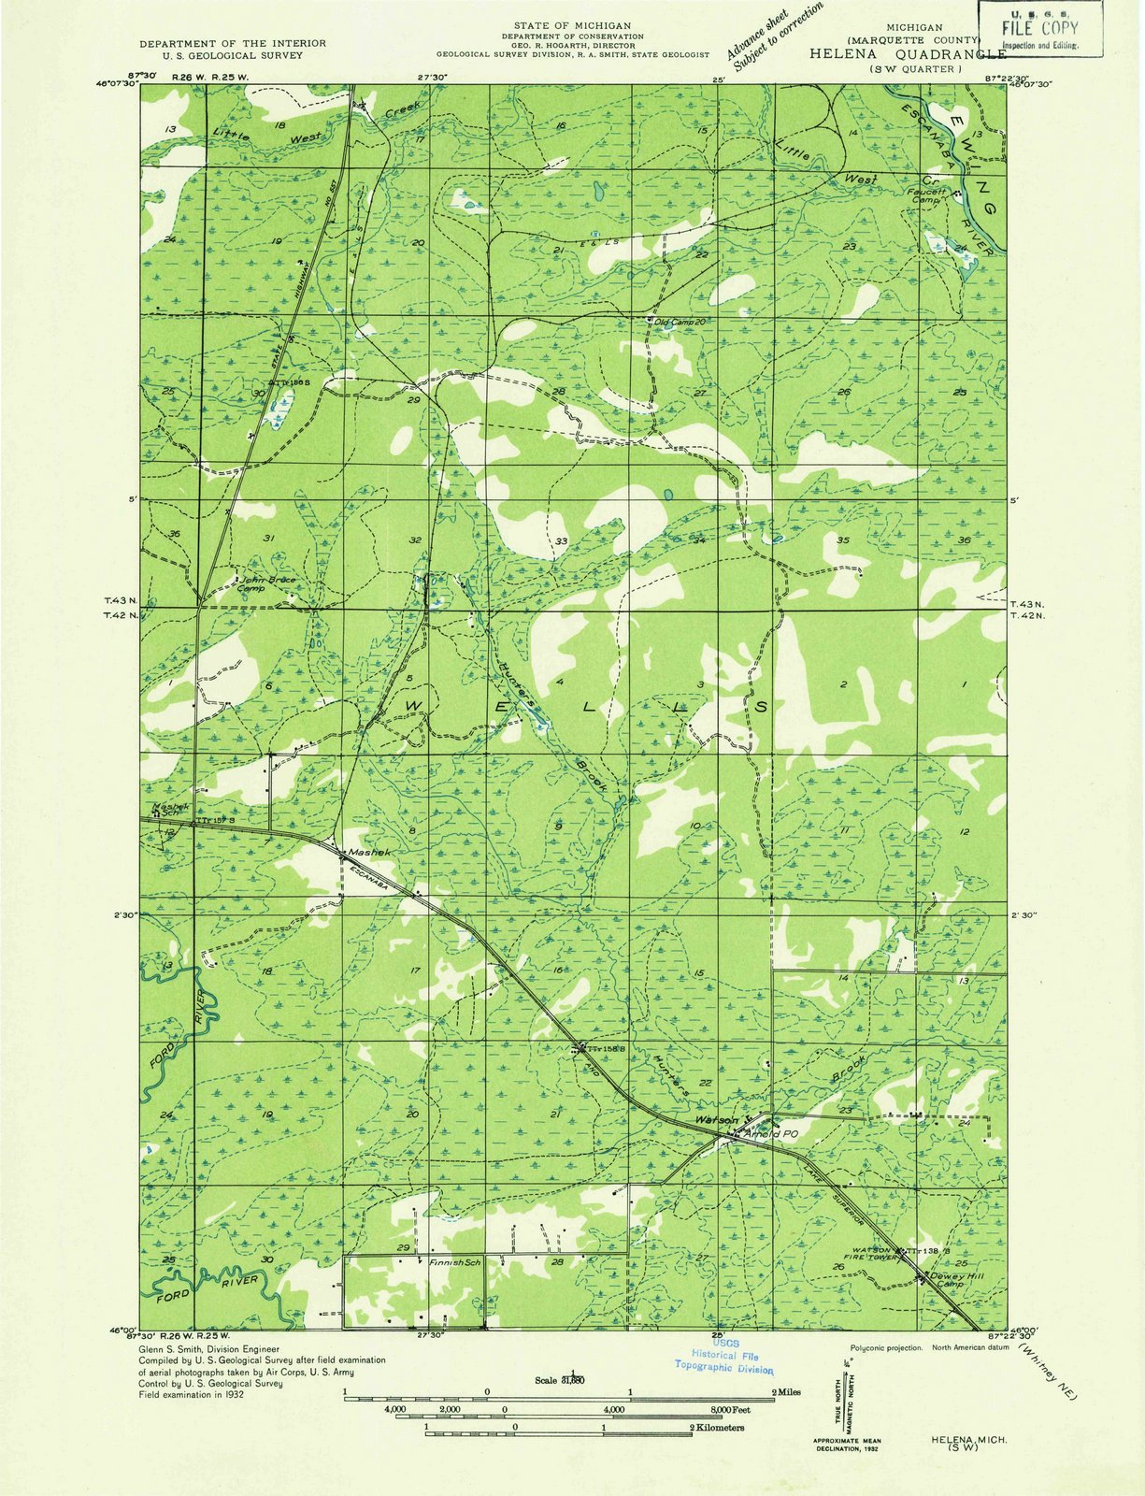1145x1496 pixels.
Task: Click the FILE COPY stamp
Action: click(x=1039, y=28)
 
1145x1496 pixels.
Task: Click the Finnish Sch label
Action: click(x=454, y=1262)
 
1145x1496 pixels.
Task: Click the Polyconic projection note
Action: click(x=886, y=1347)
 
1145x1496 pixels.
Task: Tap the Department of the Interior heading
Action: click(x=233, y=44)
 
